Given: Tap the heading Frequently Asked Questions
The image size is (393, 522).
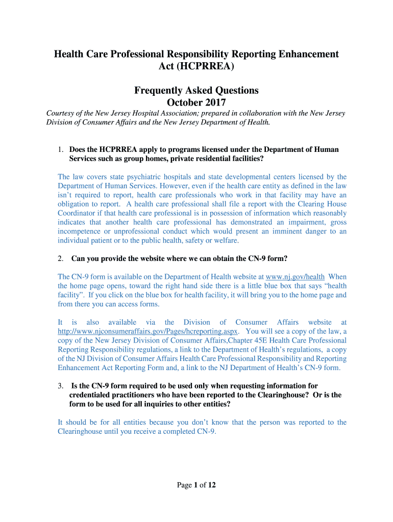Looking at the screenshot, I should (x=196, y=90).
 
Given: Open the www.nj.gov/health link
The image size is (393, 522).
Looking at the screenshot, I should (x=296, y=276).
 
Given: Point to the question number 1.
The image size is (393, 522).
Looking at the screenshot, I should (x=60, y=149).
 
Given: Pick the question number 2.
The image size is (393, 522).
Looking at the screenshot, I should (x=60, y=258).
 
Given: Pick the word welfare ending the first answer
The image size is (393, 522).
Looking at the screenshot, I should (x=226, y=241).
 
